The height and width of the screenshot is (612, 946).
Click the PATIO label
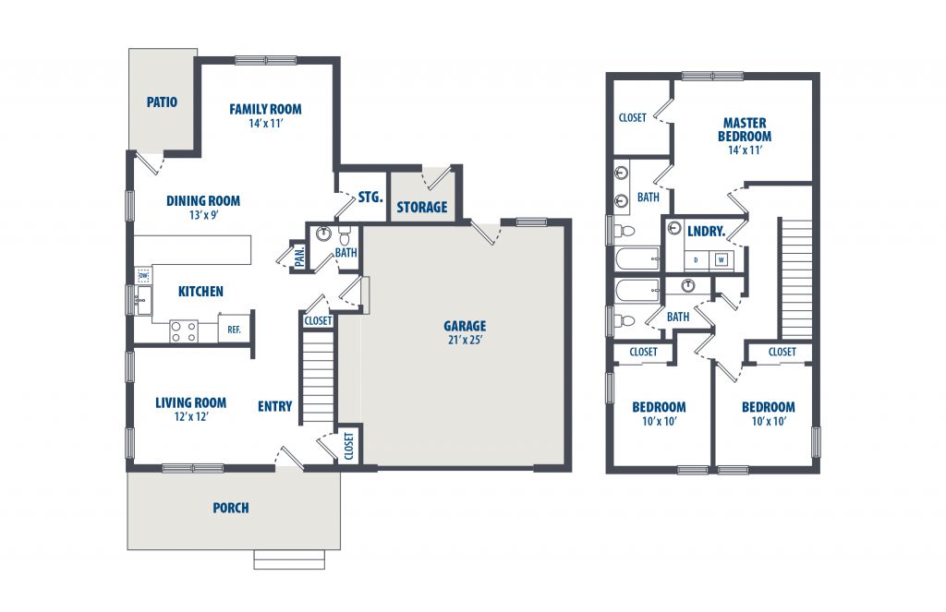pos(162,102)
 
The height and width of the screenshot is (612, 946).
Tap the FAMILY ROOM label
pos(265,109)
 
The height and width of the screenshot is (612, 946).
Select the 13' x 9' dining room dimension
pos(203,215)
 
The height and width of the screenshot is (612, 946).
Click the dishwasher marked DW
pos(143,276)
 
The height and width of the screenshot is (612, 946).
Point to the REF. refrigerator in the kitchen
pos(234,330)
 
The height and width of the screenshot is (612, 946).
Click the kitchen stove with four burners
pos(184,331)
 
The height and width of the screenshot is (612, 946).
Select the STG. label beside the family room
pos(370,198)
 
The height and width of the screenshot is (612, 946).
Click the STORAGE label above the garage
pos(421,208)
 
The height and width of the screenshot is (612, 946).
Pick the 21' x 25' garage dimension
pos(465,340)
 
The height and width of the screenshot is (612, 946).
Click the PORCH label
pos(230,508)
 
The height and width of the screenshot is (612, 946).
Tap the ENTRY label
pos(275,406)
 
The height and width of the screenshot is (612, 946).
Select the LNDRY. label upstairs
pos(706,231)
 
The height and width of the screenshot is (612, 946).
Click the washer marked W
pos(722,260)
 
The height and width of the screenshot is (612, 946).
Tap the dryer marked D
pos(697,260)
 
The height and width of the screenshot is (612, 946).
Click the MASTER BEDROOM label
pos(745,129)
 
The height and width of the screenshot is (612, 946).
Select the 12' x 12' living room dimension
pos(191,416)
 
